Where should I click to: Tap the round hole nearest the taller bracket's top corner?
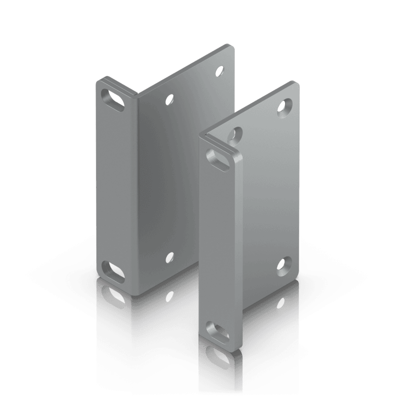click(x=218, y=70)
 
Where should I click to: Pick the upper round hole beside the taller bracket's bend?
click(x=170, y=100)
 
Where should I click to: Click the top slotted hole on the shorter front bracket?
click(x=218, y=158)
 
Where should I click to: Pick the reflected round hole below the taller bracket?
click(x=169, y=296)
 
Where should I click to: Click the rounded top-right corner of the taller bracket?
click(x=230, y=49)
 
